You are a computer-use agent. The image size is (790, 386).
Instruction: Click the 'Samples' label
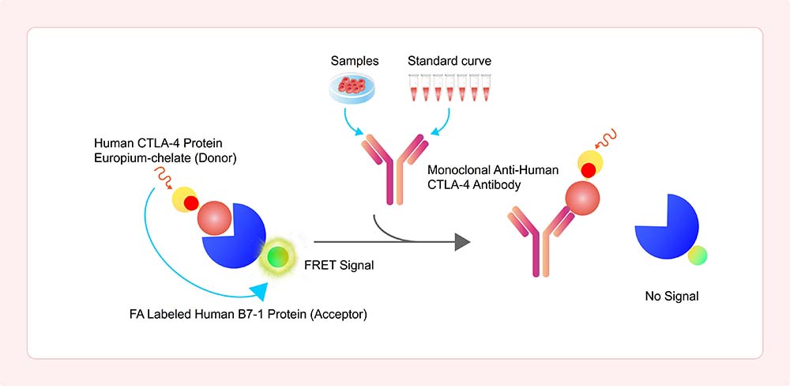355,62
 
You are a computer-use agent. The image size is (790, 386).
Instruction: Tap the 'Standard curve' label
450,62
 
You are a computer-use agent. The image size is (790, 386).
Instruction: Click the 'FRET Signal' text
339,265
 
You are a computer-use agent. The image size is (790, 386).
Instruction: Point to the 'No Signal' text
671,297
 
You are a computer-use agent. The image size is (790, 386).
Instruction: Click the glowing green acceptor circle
278,258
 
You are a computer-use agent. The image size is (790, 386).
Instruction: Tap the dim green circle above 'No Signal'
698,255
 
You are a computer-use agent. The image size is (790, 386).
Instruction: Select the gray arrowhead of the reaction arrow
462,242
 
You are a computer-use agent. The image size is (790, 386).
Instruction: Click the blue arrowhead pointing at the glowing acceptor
259,292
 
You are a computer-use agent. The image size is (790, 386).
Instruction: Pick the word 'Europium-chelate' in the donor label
134,158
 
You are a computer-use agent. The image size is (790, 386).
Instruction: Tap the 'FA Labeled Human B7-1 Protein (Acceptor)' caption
248,316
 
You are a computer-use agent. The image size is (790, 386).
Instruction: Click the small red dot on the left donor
191,203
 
